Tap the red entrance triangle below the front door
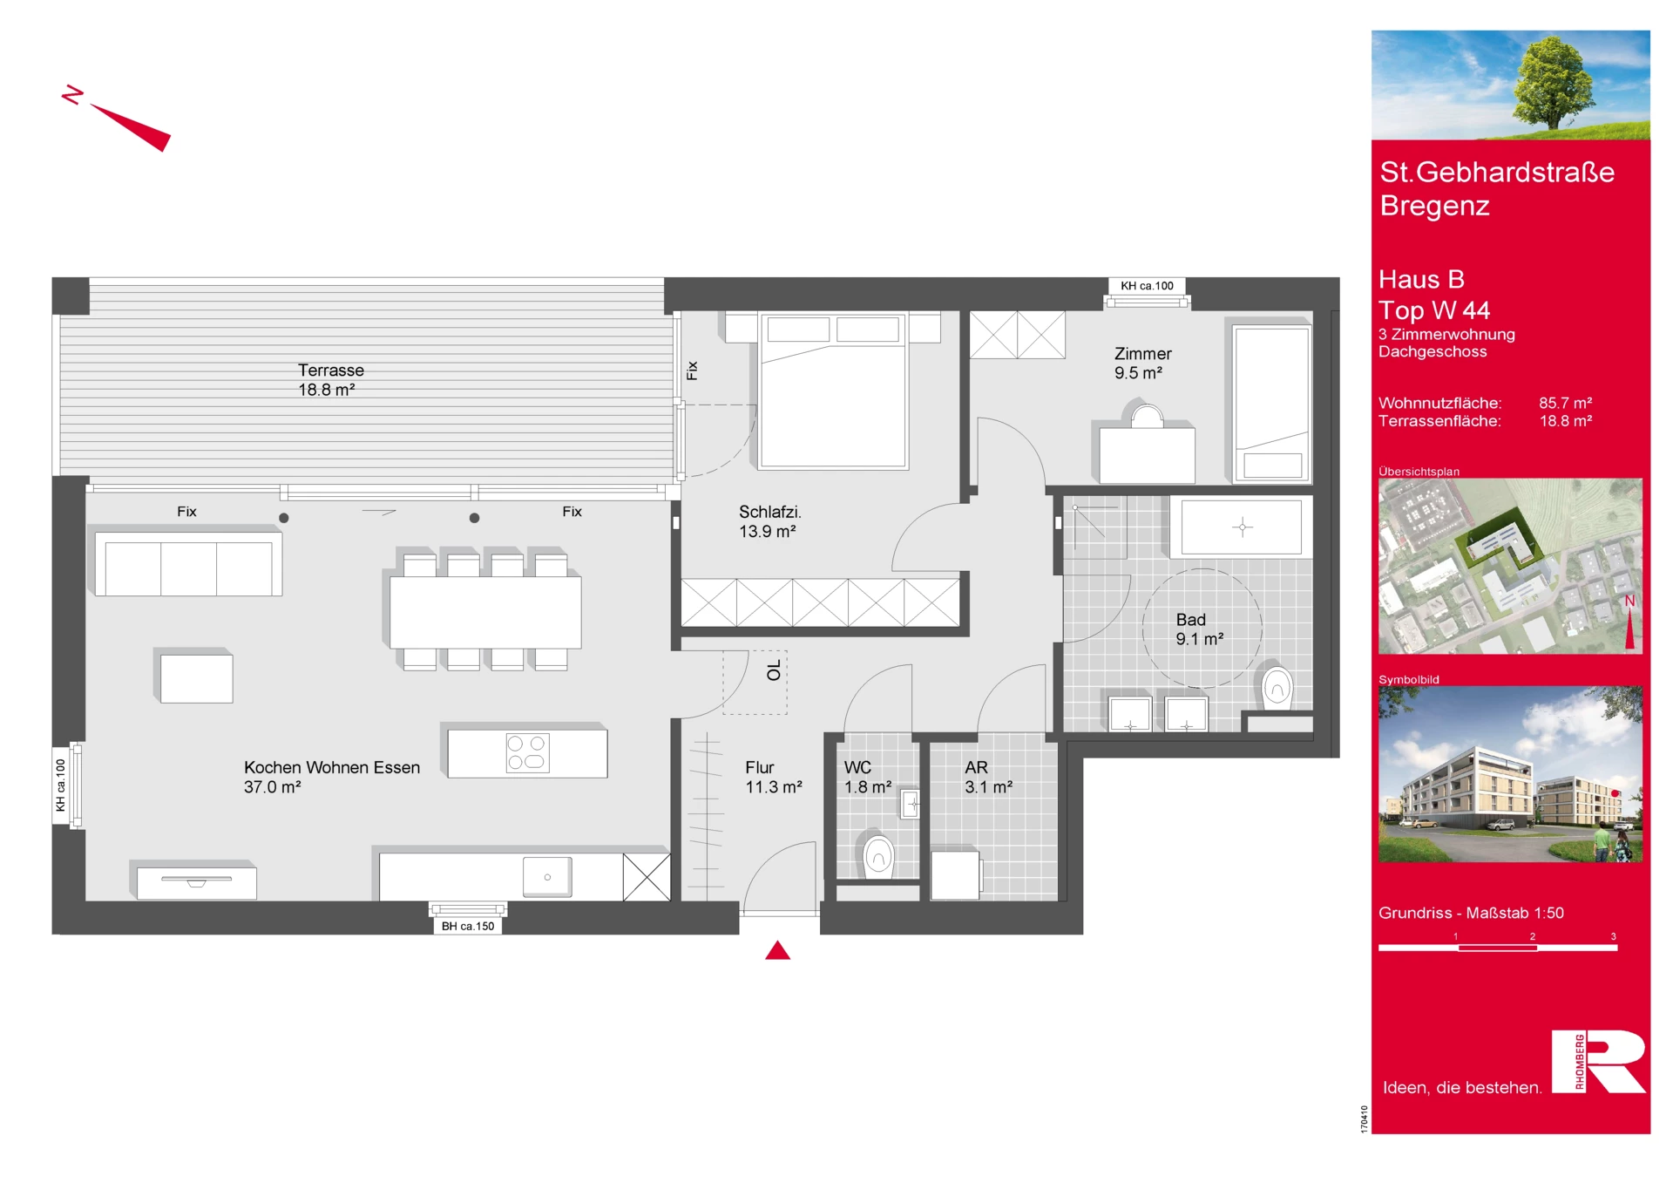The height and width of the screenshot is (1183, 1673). click(777, 950)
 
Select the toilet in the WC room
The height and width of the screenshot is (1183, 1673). click(878, 855)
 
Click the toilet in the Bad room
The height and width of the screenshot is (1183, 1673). click(1277, 688)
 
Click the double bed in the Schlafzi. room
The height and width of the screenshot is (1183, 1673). click(833, 391)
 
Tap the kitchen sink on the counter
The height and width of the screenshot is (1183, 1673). click(547, 876)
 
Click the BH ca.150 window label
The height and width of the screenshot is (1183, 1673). click(468, 926)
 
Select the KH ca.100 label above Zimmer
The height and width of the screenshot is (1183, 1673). click(1147, 286)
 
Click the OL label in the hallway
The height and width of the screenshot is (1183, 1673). click(774, 670)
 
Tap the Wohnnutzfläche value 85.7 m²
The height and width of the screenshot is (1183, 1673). click(1565, 403)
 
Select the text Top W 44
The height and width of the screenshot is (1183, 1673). click(1434, 310)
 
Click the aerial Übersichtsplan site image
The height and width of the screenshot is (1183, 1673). click(1510, 566)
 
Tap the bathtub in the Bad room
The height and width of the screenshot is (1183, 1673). click(1242, 527)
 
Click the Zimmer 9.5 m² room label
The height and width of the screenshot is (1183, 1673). click(1142, 364)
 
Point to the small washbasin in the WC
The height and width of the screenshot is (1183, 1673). click(911, 803)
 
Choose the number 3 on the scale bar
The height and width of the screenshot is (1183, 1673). click(1613, 936)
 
